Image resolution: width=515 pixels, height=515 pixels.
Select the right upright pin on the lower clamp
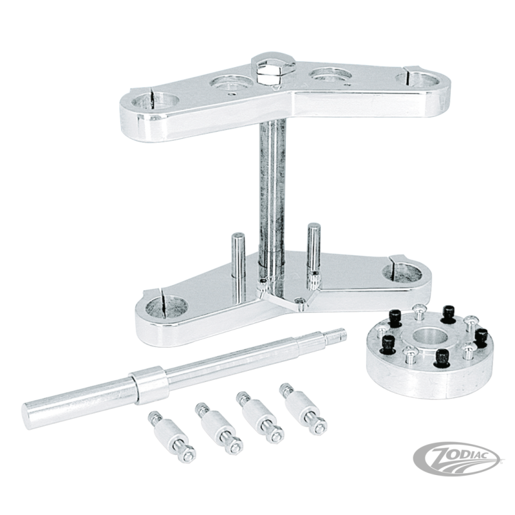pos(313,245)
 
